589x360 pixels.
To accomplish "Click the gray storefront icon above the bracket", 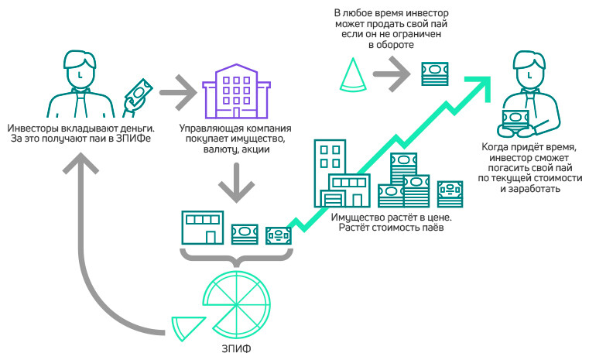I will [200, 226].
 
